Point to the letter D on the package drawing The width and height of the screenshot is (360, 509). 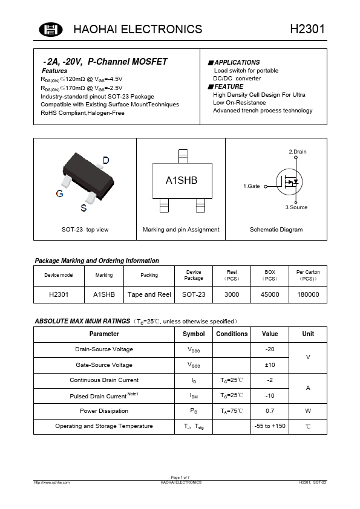pyautogui.click(x=106, y=160)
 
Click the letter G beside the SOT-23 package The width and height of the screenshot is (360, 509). pyautogui.click(x=59, y=194)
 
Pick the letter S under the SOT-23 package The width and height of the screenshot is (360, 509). pyautogui.click(x=83, y=209)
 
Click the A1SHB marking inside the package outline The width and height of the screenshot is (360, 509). pyautogui.click(x=182, y=181)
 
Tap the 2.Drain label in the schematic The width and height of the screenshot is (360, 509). pyautogui.click(x=297, y=151)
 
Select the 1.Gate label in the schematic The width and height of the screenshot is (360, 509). pyautogui.click(x=252, y=186)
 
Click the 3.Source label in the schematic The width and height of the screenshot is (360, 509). pyautogui.click(x=296, y=207)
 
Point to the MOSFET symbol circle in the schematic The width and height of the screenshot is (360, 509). pyautogui.click(x=289, y=181)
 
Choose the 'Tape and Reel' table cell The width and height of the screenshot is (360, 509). pyautogui.click(x=149, y=294)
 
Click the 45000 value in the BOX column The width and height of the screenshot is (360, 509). pyautogui.click(x=270, y=294)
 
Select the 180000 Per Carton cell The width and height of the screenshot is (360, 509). pyautogui.click(x=308, y=294)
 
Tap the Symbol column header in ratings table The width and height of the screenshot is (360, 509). pyautogui.click(x=194, y=334)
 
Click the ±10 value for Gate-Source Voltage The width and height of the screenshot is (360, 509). pyautogui.click(x=270, y=365)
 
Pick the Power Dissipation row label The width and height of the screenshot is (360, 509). pyautogui.click(x=104, y=411)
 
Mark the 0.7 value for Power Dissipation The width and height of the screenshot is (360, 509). pyautogui.click(x=270, y=411)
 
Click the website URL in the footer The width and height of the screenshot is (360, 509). pyautogui.click(x=53, y=482)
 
